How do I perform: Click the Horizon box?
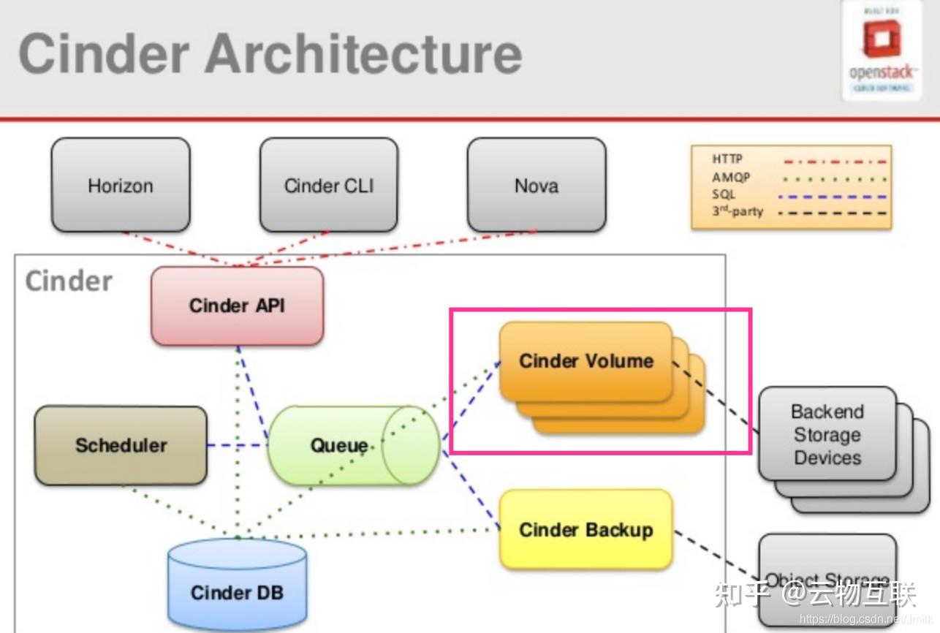(x=121, y=186)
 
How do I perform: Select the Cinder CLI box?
(x=329, y=186)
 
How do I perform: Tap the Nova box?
(x=537, y=186)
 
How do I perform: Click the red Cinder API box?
(x=237, y=306)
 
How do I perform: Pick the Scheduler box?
(x=121, y=445)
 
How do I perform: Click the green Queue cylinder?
(x=339, y=445)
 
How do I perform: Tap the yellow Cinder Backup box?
(x=585, y=530)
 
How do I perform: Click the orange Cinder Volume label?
(x=585, y=360)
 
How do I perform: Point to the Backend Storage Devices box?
(x=827, y=434)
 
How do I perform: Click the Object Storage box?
(x=827, y=581)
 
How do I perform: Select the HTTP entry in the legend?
(x=727, y=159)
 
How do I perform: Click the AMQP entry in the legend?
(x=731, y=177)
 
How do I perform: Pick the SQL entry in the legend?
(x=723, y=194)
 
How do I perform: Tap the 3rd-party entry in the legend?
(x=737, y=212)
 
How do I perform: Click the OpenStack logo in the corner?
(x=881, y=50)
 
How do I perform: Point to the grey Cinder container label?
(x=69, y=281)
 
